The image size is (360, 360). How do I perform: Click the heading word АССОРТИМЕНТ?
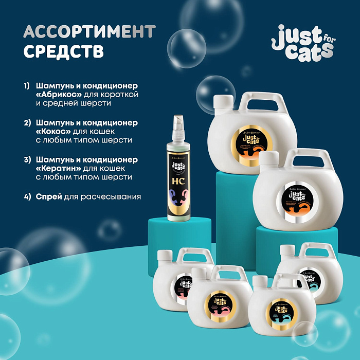click(89, 32)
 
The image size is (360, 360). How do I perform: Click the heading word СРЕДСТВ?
click(64, 51)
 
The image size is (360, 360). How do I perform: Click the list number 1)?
click(27, 85)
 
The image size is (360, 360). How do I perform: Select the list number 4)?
click(27, 196)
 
